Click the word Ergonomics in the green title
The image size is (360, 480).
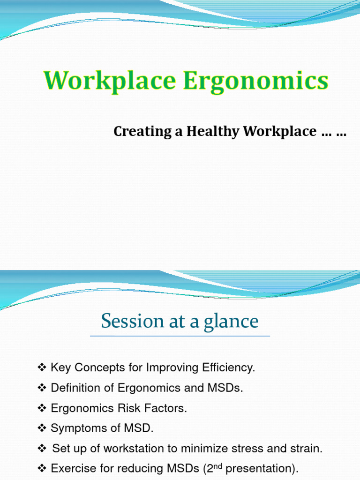pos(255,82)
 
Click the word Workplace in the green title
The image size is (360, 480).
pos(110,81)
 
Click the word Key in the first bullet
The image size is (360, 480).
pos(60,368)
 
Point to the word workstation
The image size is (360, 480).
pos(128,449)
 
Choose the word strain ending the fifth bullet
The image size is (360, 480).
pos(308,449)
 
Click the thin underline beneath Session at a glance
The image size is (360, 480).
pos(180,336)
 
